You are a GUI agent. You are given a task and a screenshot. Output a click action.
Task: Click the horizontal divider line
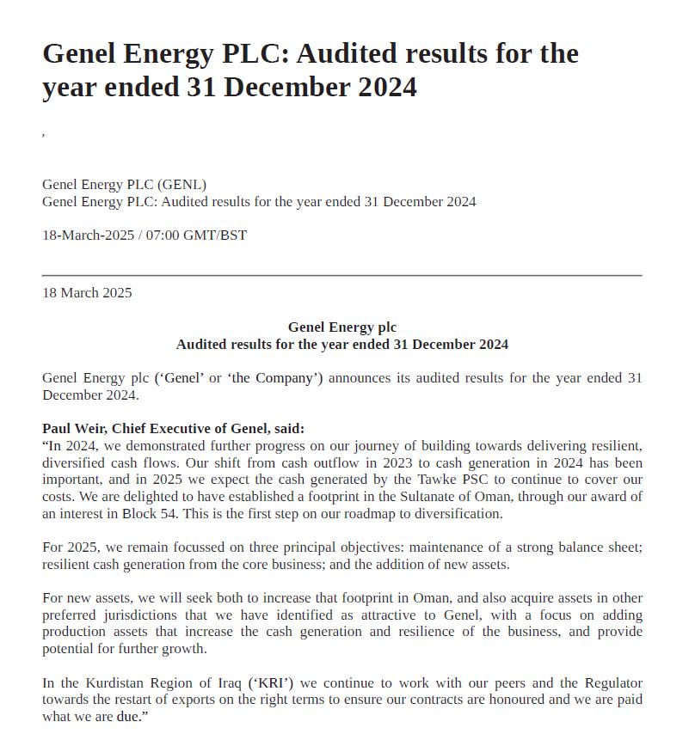click(342, 275)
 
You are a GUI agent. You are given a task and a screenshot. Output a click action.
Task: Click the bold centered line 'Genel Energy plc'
click(342, 327)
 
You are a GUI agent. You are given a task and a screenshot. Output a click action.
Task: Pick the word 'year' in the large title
click(71, 88)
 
